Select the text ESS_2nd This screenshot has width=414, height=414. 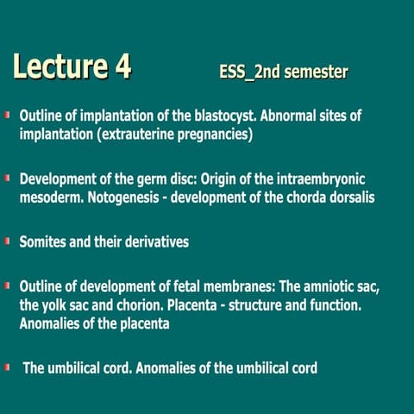click(248, 72)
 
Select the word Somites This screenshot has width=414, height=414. click(46, 242)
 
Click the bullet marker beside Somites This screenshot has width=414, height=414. click(7, 241)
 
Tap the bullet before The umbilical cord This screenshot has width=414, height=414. click(7, 367)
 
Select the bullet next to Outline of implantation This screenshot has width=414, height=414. click(7, 115)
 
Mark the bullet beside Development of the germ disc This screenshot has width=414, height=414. click(7, 179)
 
